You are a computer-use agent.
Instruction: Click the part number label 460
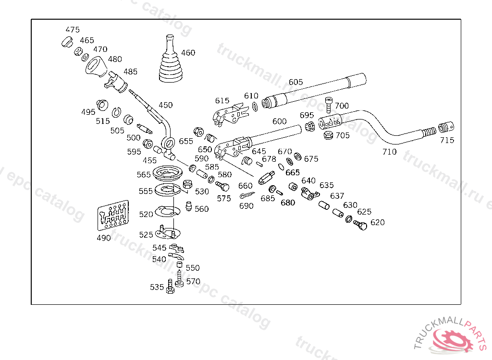(188, 53)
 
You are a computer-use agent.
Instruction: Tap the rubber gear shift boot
(170, 62)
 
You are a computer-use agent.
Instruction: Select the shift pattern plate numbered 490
(113, 214)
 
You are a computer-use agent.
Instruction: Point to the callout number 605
(295, 82)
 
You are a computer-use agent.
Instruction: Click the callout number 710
(389, 152)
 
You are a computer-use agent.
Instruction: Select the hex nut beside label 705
(329, 135)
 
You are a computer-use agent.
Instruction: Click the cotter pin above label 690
(246, 195)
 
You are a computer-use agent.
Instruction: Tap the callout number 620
(377, 222)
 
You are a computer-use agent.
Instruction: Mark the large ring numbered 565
(168, 173)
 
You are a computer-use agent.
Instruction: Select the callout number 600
(280, 121)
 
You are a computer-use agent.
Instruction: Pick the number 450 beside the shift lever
(165, 105)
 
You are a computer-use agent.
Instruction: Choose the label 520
(146, 214)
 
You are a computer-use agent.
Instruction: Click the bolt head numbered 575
(223, 186)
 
